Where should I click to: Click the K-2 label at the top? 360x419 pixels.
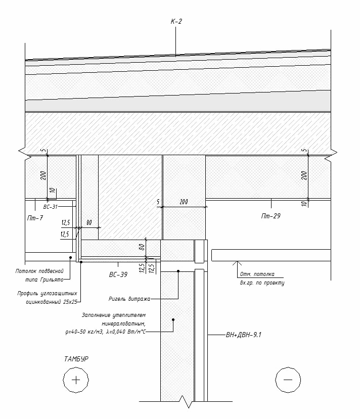coord(176,21)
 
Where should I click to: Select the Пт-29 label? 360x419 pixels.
coord(271,216)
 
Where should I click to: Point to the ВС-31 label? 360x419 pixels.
coord(51,207)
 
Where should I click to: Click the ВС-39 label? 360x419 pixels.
coord(117,274)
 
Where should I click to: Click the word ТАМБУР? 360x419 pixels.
coord(76,359)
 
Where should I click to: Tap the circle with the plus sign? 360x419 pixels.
coord(76,380)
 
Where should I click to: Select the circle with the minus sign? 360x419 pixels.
coord(288,380)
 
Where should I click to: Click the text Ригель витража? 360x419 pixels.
coord(128,298)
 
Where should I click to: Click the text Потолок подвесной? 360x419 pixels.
coord(39,271)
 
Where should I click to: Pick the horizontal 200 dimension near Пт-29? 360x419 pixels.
coord(184,202)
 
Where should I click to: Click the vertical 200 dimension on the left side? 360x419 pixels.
coord(43,175)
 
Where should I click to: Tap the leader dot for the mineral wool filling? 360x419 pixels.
coord(173,319)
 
